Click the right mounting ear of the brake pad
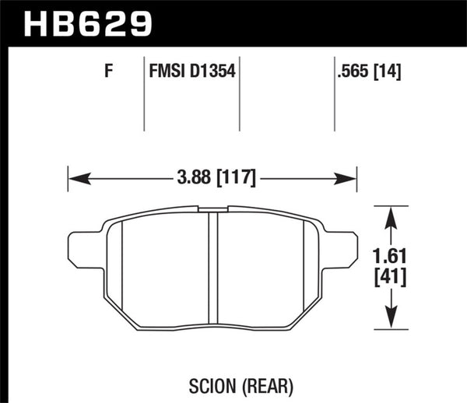pos(339,249)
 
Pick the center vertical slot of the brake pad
pos(212,268)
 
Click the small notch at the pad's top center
pos(212,209)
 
